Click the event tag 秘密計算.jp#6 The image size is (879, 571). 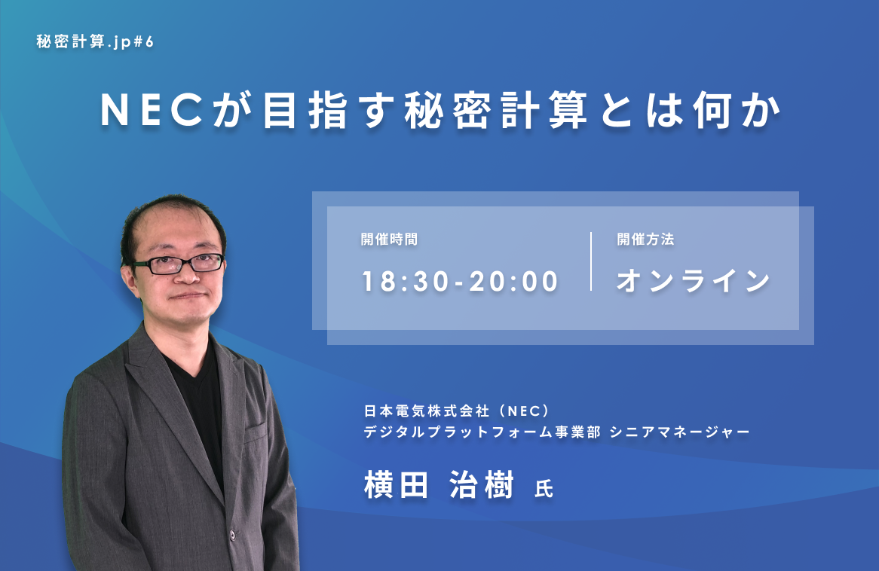95,42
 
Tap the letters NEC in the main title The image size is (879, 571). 152,110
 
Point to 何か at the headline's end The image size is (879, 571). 737,111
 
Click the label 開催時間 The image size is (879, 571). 389,240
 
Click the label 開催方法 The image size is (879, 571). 645,240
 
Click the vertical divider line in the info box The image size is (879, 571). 591,261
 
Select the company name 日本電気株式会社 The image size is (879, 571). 427,411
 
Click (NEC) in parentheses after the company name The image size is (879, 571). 522,411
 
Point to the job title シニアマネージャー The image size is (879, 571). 679,432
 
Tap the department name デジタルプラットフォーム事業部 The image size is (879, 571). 482,432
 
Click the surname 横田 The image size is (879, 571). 397,485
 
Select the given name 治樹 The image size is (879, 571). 482,485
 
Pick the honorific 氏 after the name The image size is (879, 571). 544,489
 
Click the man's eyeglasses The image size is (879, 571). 178,264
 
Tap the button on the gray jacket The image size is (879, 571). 232,535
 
